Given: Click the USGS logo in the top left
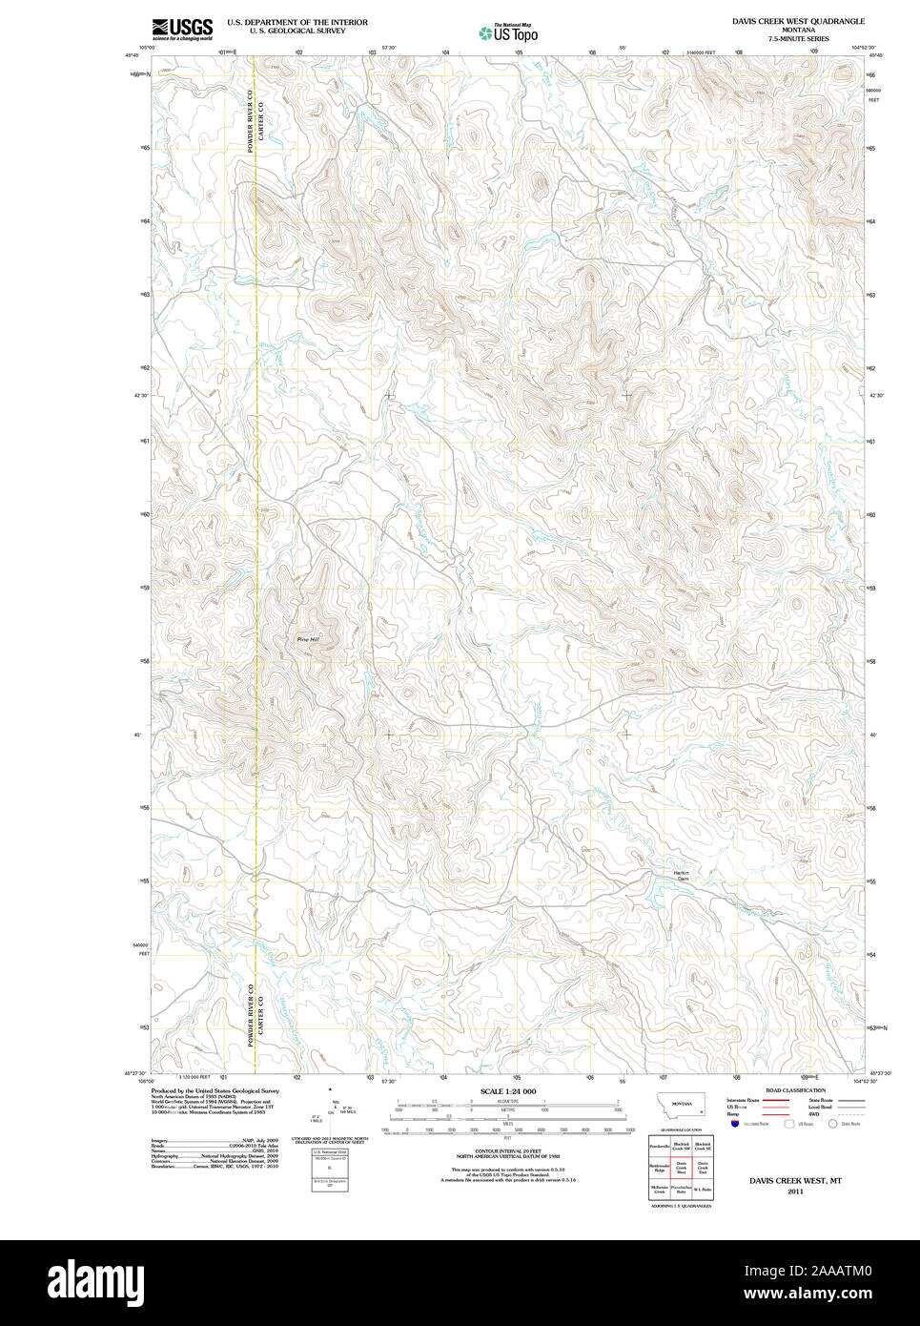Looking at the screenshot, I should tap(181, 29).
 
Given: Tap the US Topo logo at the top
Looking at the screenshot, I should tap(508, 33).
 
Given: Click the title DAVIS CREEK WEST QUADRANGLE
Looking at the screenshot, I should tap(798, 21).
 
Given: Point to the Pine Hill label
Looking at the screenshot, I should tap(308, 639).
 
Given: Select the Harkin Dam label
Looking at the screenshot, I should tap(683, 876).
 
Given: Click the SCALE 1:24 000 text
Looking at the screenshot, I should tap(507, 1091).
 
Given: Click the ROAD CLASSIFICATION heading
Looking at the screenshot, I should tap(795, 1090).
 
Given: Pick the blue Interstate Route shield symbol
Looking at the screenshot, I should tap(735, 1124).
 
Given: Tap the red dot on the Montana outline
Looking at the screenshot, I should tap(701, 1111).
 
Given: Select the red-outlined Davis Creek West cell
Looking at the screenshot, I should tap(681, 1167).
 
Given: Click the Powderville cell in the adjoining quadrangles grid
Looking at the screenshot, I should tap(659, 1146).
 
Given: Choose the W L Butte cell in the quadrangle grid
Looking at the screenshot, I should tap(703, 1189).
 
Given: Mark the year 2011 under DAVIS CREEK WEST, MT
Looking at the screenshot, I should tap(795, 1191).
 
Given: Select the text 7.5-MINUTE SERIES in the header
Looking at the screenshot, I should tap(798, 39).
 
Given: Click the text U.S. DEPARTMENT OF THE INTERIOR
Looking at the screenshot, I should tap(296, 22).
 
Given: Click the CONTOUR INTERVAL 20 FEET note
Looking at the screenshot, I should tap(507, 1151).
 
